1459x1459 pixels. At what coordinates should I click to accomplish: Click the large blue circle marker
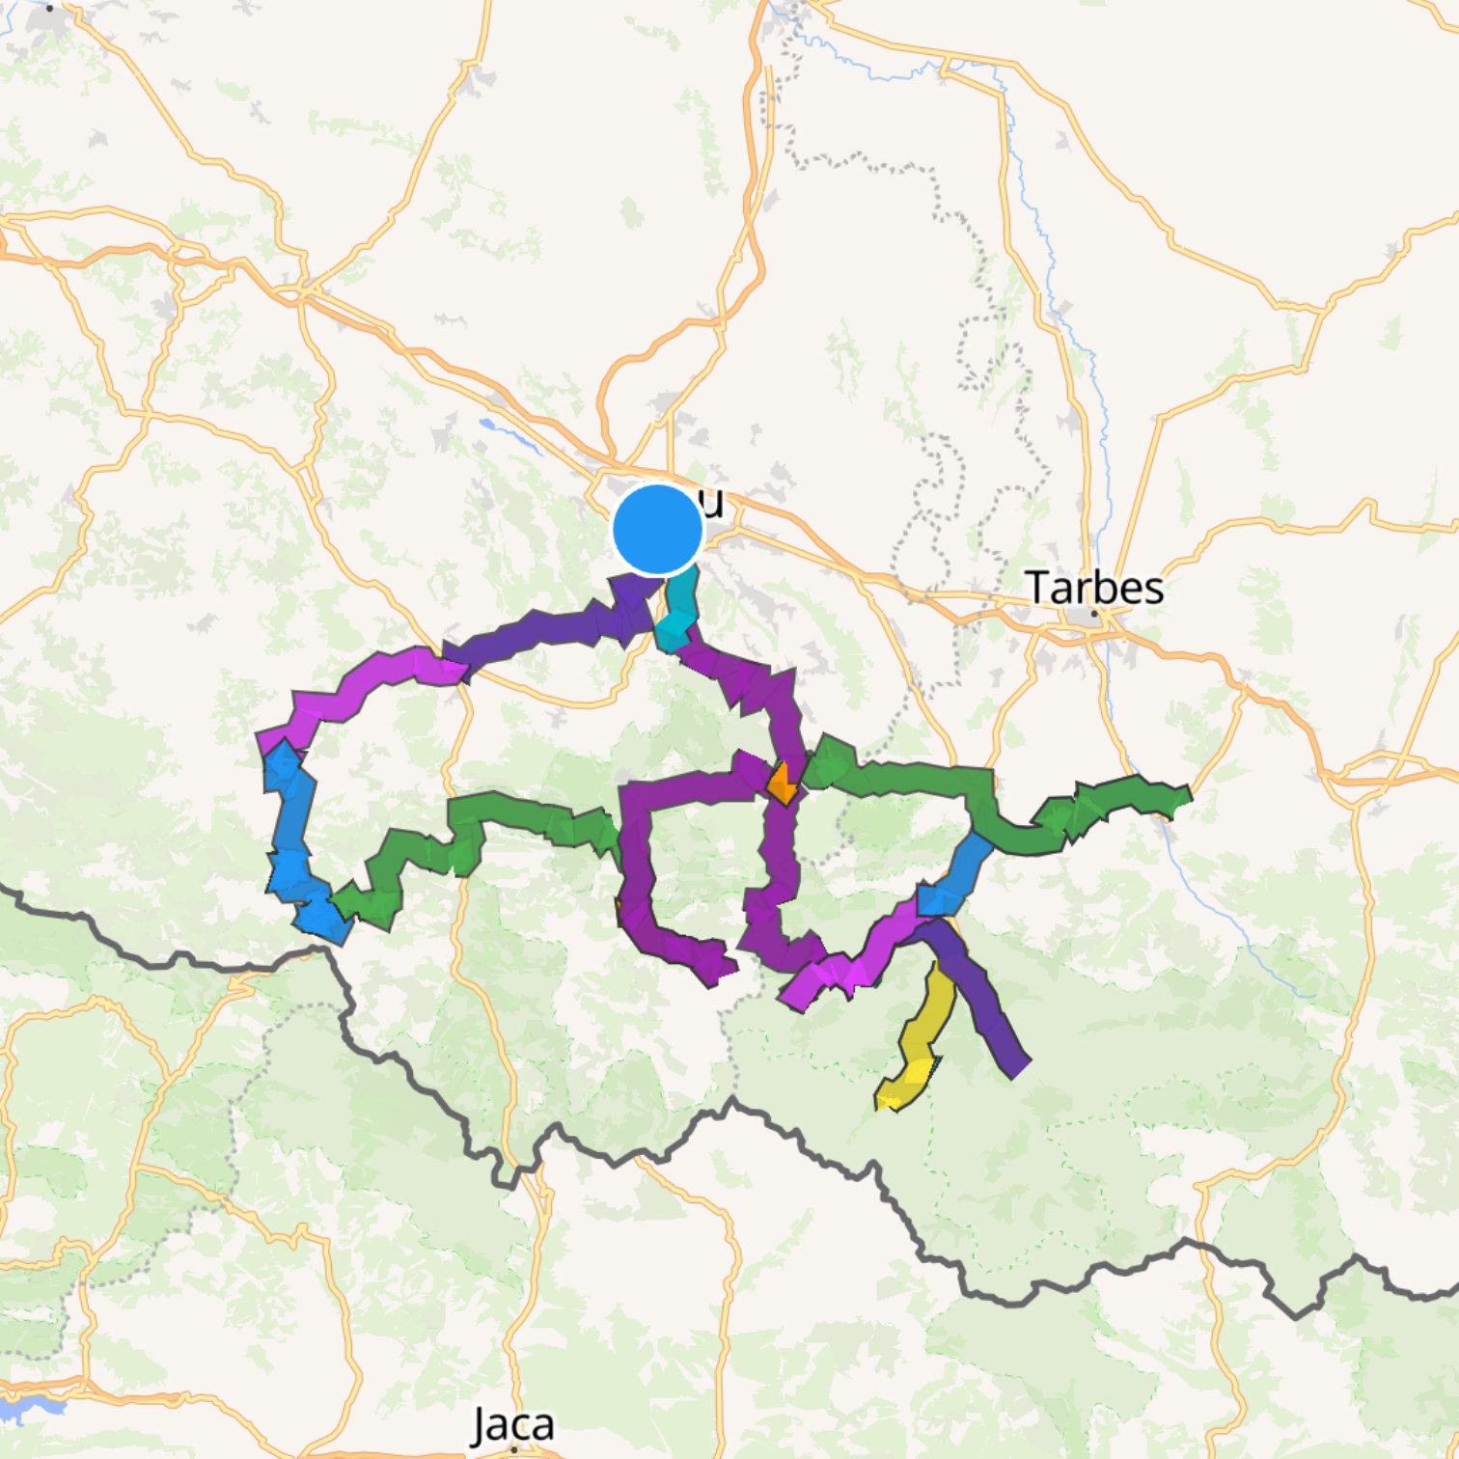tap(657, 530)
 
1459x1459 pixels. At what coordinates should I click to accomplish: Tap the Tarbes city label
tap(1093, 587)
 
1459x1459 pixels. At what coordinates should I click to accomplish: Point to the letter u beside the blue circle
tap(713, 503)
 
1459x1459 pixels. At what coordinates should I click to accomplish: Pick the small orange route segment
tap(782, 784)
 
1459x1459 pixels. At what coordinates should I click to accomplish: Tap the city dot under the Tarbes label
tap(1094, 613)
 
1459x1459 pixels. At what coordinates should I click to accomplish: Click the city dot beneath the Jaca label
tap(513, 1448)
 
